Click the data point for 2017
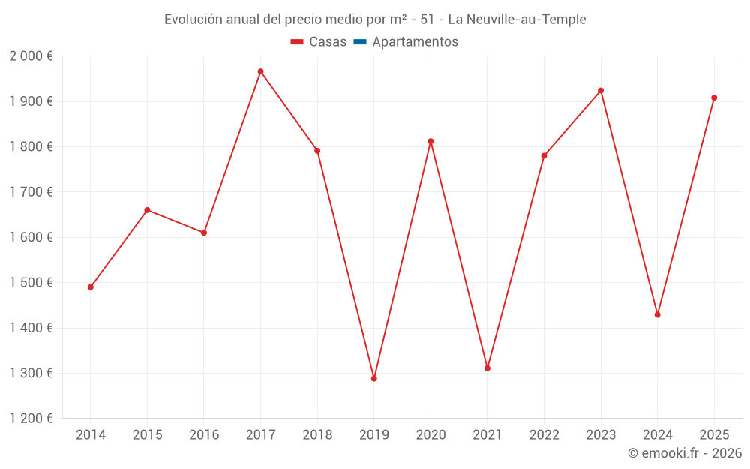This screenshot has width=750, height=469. [260, 71]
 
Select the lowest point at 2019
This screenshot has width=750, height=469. [373, 378]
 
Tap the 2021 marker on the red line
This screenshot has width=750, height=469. [487, 368]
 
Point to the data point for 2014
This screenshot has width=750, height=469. [91, 287]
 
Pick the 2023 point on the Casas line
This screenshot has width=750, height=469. [601, 91]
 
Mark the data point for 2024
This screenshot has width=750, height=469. [657, 314]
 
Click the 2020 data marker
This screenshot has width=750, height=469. [430, 141]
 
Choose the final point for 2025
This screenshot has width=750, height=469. [714, 98]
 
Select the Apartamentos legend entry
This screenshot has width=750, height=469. [415, 42]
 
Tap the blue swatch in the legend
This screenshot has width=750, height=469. [359, 42]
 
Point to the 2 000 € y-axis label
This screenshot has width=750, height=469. [31, 56]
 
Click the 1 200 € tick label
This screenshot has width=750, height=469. [31, 419]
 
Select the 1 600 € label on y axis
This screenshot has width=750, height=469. [31, 237]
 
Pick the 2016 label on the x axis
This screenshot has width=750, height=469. [204, 435]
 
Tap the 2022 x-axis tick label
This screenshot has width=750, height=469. [544, 435]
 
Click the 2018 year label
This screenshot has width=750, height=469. [317, 435]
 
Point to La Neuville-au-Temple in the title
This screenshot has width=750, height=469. [517, 20]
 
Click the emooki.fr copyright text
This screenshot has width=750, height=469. [684, 453]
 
